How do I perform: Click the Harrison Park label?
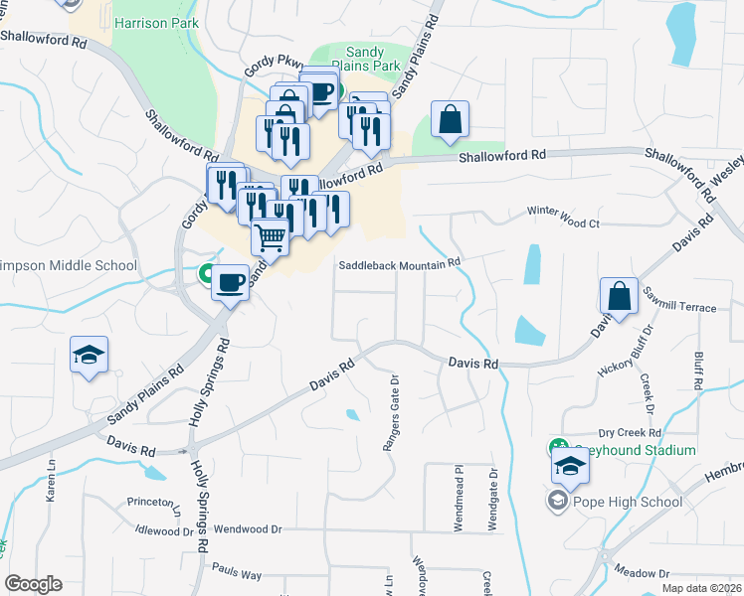(156, 23)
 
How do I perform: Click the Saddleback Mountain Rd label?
(401, 264)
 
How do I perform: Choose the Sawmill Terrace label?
(679, 308)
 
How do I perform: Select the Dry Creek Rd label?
(630, 434)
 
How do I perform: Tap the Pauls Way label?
(236, 574)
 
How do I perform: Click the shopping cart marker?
(271, 238)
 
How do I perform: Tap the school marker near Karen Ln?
(90, 355)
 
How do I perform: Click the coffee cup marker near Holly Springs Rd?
(231, 282)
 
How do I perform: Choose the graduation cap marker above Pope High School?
(571, 465)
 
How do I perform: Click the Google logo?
(33, 584)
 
